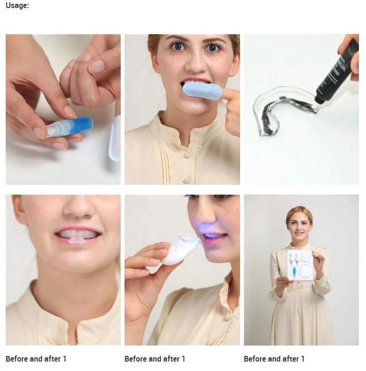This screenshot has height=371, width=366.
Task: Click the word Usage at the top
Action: coord(17,6)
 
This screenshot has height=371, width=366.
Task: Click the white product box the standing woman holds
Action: coord(300,267)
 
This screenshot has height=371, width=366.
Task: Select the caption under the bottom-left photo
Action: coord(36,359)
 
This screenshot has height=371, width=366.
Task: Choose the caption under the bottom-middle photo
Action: coord(155,359)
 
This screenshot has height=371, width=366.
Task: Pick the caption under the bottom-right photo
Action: coord(274,359)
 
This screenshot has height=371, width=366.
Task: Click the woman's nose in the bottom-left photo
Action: coord(78,211)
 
